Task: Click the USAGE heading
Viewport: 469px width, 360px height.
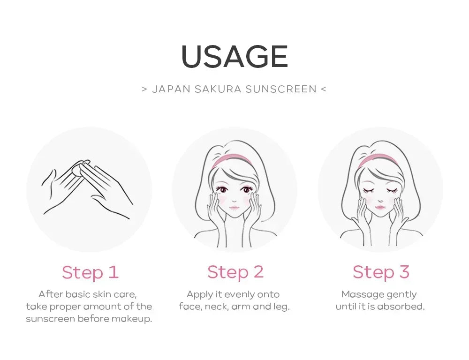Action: click(235, 57)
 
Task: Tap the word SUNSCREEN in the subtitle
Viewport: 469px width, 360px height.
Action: click(281, 89)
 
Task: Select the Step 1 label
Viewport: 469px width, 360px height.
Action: click(91, 272)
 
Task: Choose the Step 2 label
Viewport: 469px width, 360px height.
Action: click(235, 272)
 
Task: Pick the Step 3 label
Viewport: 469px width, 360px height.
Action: click(381, 272)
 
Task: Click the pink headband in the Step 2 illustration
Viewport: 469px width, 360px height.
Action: click(231, 160)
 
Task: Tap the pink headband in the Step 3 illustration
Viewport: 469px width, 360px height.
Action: click(378, 160)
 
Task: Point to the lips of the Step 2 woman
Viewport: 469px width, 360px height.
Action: click(234, 207)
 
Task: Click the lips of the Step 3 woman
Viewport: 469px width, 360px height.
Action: click(380, 207)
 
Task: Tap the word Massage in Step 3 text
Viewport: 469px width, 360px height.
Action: click(358, 294)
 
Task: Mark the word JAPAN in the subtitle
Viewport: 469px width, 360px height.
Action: click(171, 89)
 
